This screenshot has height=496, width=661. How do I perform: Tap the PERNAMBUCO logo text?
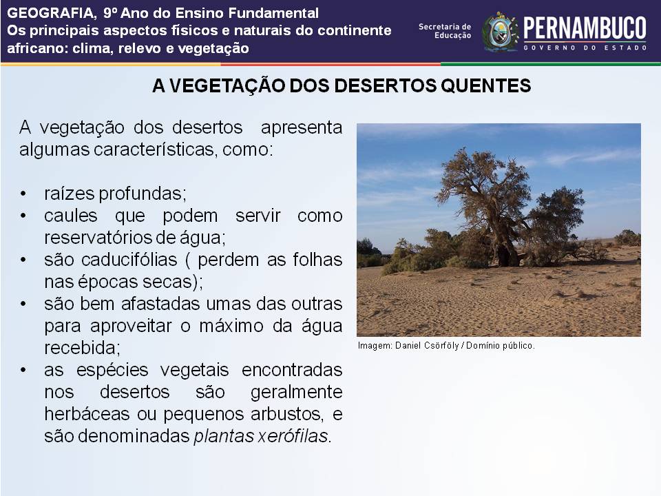585,28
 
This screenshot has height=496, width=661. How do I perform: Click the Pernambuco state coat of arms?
500,32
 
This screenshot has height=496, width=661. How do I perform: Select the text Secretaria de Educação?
445,31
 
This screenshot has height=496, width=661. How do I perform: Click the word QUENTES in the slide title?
486,85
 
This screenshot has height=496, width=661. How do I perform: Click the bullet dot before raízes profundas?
23,194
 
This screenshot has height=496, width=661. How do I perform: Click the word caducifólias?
129,260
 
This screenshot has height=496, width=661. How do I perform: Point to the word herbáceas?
87,414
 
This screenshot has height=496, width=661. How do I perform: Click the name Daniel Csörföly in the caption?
427,345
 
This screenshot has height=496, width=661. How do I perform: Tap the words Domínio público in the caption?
501,345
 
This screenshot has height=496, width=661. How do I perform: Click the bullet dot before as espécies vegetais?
23,370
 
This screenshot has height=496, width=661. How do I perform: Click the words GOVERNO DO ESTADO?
585,48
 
